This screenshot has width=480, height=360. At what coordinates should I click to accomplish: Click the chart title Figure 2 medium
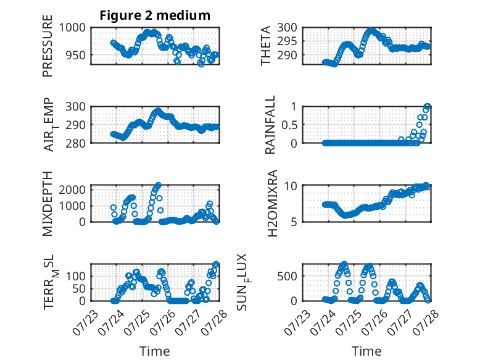(155, 15)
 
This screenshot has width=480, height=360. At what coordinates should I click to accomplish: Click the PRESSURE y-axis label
(48, 46)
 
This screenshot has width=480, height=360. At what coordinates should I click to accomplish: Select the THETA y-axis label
(266, 46)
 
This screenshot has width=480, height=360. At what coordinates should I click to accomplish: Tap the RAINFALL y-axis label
(270, 125)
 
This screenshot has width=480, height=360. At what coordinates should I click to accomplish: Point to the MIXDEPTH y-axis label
(48, 204)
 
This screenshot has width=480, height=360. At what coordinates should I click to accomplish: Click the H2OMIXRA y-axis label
(272, 203)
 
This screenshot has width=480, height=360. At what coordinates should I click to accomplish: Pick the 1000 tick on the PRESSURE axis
(72, 28)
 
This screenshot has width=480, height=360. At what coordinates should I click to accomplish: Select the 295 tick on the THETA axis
(287, 41)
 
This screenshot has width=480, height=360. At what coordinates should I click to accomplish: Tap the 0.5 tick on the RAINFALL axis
(289, 125)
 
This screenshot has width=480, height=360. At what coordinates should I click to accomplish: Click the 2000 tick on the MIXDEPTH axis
(72, 190)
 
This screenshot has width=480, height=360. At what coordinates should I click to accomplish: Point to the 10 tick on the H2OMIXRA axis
(291, 186)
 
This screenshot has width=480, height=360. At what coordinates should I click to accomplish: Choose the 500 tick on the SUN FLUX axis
(287, 276)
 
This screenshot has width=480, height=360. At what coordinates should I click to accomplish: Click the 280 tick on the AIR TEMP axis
(76, 143)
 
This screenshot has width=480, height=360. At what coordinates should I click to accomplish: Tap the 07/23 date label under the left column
(85, 322)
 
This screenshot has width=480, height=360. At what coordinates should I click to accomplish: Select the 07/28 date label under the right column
(426, 322)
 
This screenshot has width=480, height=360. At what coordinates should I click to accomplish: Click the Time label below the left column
(155, 351)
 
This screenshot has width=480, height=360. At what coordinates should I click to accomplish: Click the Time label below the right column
(366, 351)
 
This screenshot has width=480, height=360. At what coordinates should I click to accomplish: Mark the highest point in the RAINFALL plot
(428, 107)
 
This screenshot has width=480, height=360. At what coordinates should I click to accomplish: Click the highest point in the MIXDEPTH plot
(159, 185)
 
